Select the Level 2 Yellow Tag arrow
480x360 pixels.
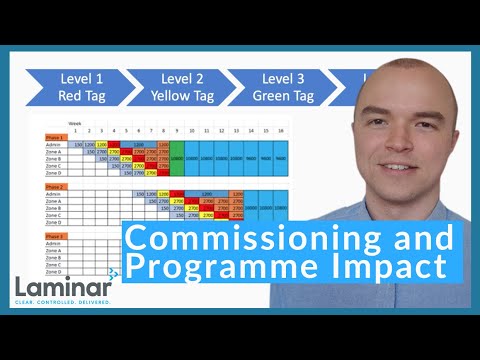pyautogui.click(x=177, y=87)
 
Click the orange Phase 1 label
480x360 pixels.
pyautogui.click(x=55, y=138)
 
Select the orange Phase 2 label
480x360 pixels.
pyautogui.click(x=55, y=186)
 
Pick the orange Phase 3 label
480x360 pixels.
pyautogui.click(x=55, y=236)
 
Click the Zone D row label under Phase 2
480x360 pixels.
pyautogui.click(x=54, y=222)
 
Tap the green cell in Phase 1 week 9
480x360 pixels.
pyautogui.click(x=176, y=159)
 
